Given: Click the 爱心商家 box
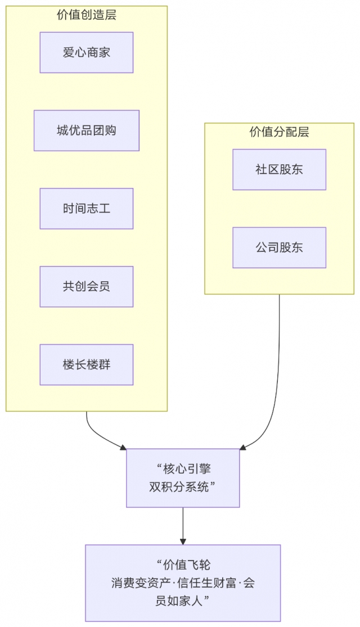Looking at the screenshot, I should tap(86, 52).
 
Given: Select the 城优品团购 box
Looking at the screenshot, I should tap(86, 130).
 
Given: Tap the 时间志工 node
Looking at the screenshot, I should tap(86, 209).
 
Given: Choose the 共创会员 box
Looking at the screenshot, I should tap(86, 287).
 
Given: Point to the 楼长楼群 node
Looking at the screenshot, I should tap(86, 365).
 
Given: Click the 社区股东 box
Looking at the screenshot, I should tap(279, 169).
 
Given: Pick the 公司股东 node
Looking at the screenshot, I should tap(279, 247).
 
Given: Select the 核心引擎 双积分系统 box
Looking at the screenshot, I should tap(183, 478).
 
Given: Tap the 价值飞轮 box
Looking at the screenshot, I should tap(183, 583).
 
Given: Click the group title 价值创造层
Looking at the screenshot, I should tap(86, 15).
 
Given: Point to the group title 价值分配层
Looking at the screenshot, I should tap(279, 132).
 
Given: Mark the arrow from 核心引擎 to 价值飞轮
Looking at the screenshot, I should tap(183, 526).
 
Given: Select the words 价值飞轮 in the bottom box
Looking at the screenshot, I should tap(187, 565).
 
